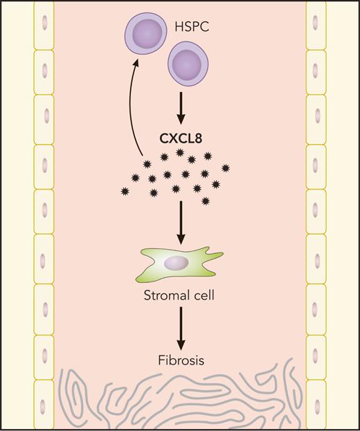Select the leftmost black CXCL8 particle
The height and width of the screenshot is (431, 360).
point(125,190)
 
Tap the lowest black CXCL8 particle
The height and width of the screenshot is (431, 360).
point(206,201)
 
